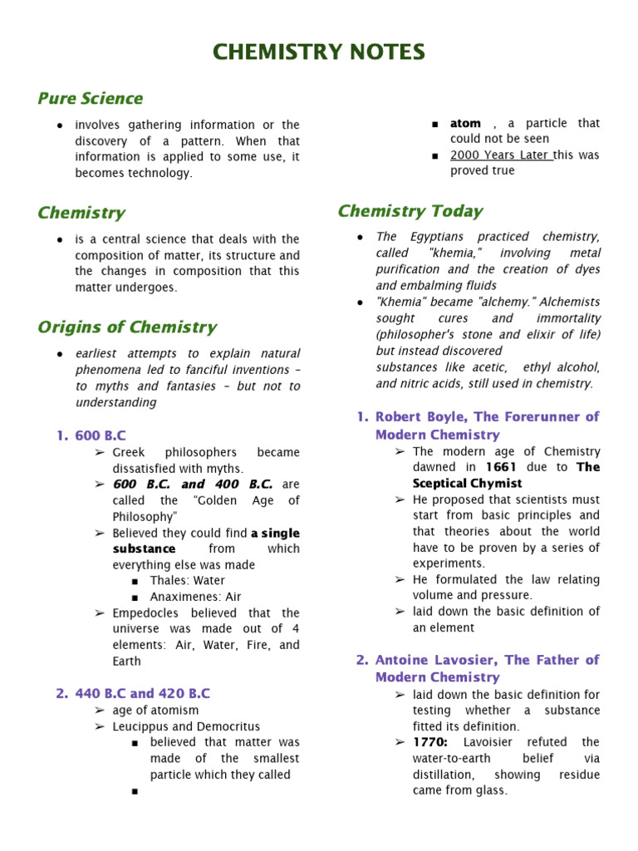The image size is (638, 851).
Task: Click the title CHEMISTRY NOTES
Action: (x=319, y=52)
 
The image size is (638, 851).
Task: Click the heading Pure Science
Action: (x=91, y=98)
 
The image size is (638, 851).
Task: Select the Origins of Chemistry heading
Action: (x=127, y=327)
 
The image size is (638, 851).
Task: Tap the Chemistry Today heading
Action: (x=410, y=211)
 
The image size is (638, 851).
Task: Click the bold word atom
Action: (x=465, y=123)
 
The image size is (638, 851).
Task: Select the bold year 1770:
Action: (x=434, y=741)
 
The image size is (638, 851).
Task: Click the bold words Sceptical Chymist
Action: (x=468, y=483)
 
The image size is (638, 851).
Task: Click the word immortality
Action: (x=567, y=318)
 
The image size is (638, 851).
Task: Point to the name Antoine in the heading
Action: (x=402, y=660)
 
